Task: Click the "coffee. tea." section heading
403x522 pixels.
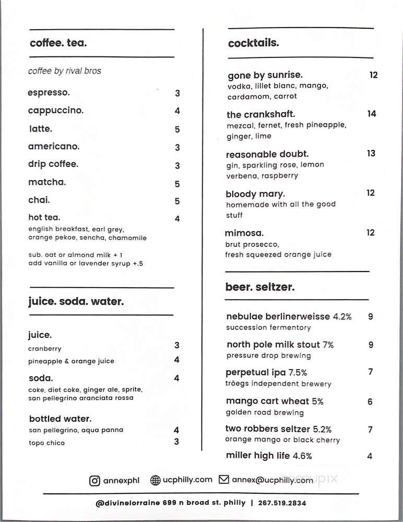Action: tap(58, 43)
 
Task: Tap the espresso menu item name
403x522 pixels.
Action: tap(49, 92)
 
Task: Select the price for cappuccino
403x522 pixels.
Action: tap(177, 111)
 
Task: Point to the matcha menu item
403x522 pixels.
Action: tap(47, 182)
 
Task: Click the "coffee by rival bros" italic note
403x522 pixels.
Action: tap(65, 71)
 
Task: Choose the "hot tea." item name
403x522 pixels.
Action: tap(44, 217)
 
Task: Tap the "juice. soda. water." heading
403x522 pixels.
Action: tap(76, 301)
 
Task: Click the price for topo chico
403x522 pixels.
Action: tap(176, 442)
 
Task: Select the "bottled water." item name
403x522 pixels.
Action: tap(61, 419)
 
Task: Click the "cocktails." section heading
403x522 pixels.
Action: tap(253, 43)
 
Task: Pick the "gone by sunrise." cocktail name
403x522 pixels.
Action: tap(265, 75)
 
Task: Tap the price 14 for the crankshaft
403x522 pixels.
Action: tap(372, 114)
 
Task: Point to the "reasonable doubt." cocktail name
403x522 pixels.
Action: tap(267, 155)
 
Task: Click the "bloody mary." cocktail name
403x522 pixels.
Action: tap(255, 194)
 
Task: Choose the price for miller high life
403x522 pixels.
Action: tap(370, 456)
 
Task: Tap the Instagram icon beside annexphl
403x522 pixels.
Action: tap(94, 480)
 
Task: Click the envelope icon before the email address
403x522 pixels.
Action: tap(224, 480)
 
